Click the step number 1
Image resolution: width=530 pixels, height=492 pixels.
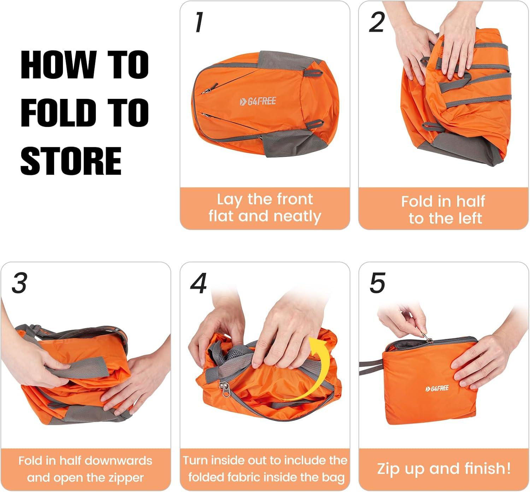[199, 22]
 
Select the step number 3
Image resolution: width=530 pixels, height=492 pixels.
[19, 283]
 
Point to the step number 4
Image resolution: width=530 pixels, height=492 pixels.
[199, 283]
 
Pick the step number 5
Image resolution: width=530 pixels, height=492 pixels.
[378, 283]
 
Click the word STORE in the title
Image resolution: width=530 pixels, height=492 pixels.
[71, 161]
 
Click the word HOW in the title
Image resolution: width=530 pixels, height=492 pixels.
[58, 65]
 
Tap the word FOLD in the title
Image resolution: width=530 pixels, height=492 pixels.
[58, 113]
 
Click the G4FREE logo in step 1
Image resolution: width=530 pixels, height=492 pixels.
[258, 101]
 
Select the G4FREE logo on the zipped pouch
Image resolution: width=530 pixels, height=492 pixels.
[437, 388]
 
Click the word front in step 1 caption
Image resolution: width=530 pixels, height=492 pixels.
[295, 199]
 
